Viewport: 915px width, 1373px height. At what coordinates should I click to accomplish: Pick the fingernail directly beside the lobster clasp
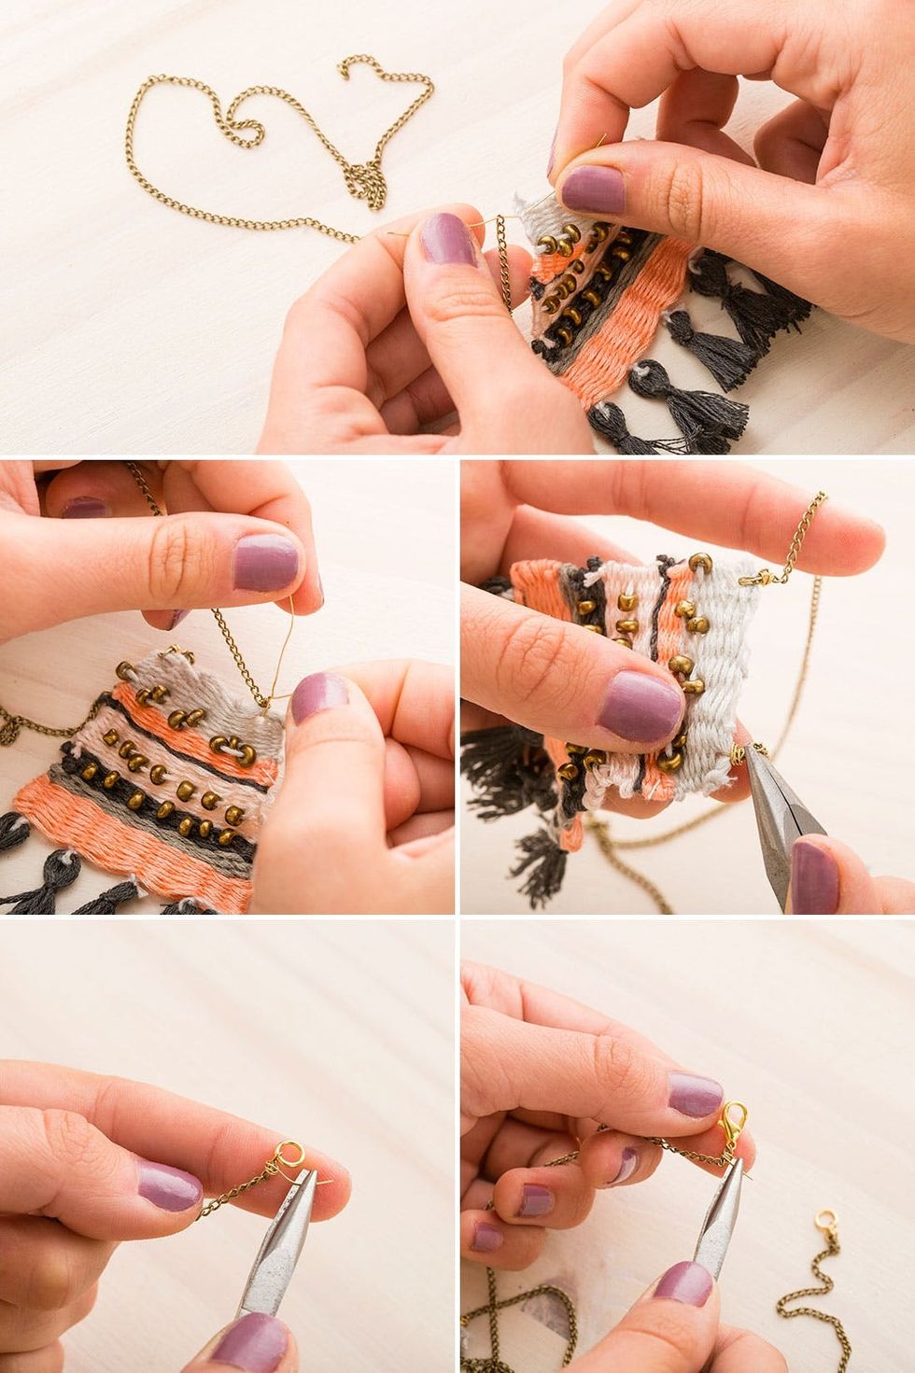tap(694, 1094)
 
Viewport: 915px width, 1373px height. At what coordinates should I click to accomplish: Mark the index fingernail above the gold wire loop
tap(268, 561)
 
